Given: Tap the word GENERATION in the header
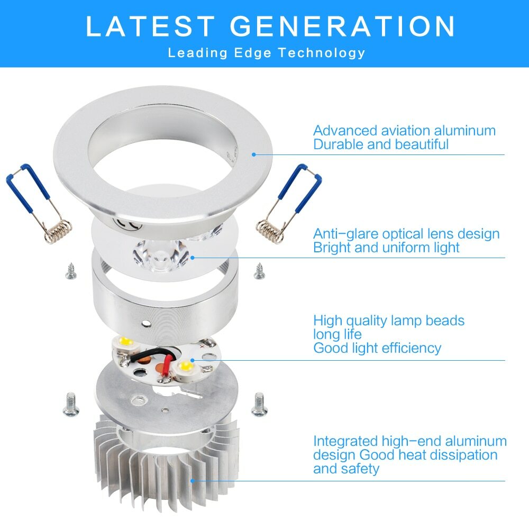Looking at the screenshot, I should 343,26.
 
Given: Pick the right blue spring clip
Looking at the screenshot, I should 290,204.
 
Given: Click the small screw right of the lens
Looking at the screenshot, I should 259,271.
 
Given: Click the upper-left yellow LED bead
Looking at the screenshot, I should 125,342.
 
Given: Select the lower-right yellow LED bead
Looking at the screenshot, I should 185,366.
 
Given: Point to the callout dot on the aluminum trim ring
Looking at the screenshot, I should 254,154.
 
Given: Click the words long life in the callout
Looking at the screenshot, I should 338,334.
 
